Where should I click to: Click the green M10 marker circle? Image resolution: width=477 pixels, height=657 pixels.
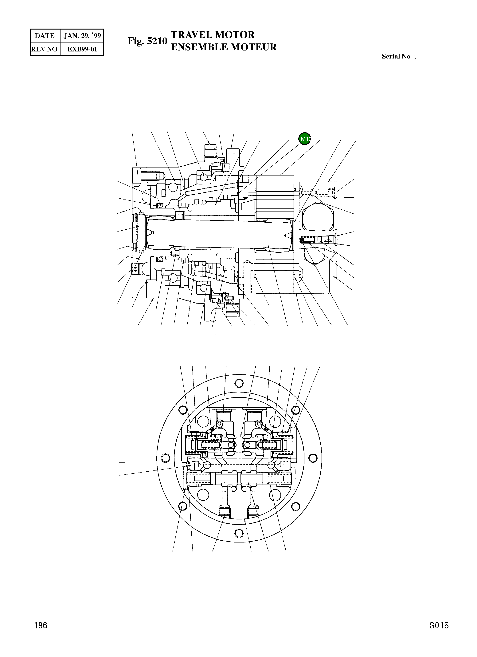(x=304, y=139)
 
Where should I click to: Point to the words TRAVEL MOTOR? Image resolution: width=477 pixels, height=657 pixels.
(x=213, y=35)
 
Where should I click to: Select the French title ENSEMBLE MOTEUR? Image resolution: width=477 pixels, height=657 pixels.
(x=224, y=47)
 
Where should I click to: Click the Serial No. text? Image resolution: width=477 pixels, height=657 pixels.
(x=399, y=56)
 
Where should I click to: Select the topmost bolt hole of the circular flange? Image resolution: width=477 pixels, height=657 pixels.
(x=239, y=383)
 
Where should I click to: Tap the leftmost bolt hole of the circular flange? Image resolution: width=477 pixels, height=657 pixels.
(x=166, y=458)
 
